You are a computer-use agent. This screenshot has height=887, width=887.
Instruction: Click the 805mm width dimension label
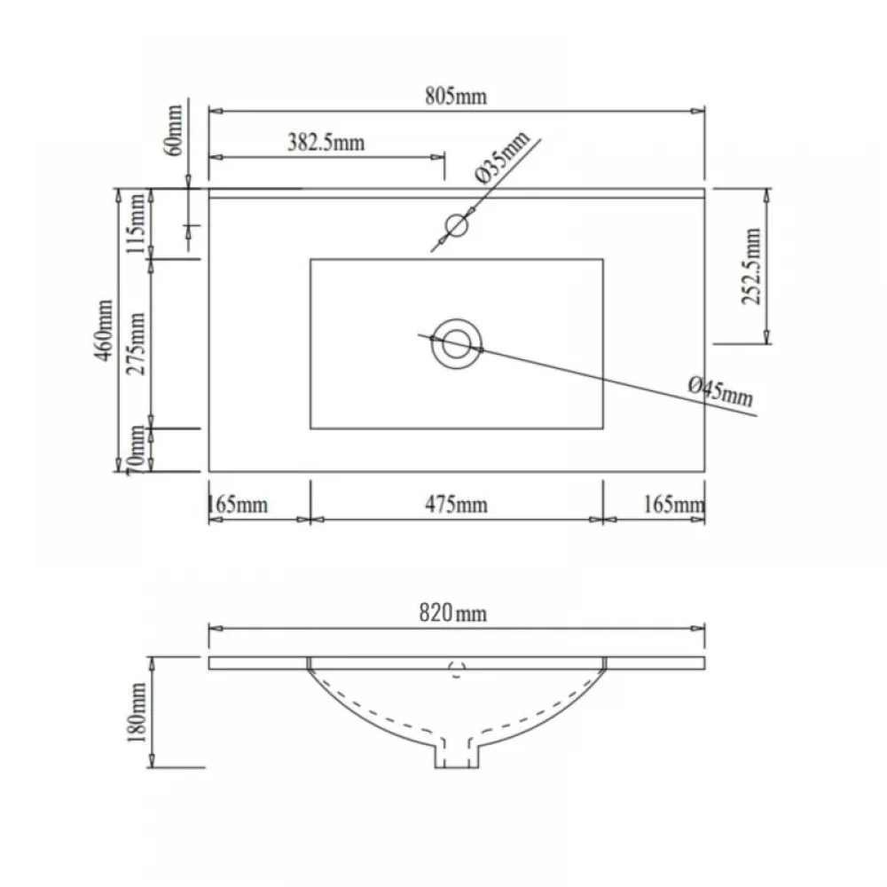[456, 97]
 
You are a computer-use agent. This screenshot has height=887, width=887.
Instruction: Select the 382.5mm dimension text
[326, 143]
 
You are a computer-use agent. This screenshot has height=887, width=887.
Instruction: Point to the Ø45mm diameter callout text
[720, 391]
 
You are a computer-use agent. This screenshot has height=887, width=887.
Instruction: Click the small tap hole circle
[456, 215]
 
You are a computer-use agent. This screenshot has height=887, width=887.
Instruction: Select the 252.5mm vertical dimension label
[752, 266]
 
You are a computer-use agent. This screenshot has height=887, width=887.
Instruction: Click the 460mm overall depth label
[104, 330]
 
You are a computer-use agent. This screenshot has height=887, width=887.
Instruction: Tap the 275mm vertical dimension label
[136, 344]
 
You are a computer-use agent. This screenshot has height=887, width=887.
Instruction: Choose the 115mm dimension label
[136, 223]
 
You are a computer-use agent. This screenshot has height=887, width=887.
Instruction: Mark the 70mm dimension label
[136, 450]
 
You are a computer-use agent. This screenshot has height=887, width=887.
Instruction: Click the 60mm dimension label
[174, 130]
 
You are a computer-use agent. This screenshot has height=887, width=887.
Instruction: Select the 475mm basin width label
[456, 505]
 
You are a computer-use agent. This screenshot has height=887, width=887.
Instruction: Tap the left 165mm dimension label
[238, 504]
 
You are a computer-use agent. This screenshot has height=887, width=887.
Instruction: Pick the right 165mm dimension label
[674, 504]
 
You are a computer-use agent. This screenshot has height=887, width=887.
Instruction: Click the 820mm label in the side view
[452, 613]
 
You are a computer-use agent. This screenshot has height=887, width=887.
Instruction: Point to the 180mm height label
[137, 713]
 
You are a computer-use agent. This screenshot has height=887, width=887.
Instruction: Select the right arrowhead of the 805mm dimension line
[697, 112]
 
